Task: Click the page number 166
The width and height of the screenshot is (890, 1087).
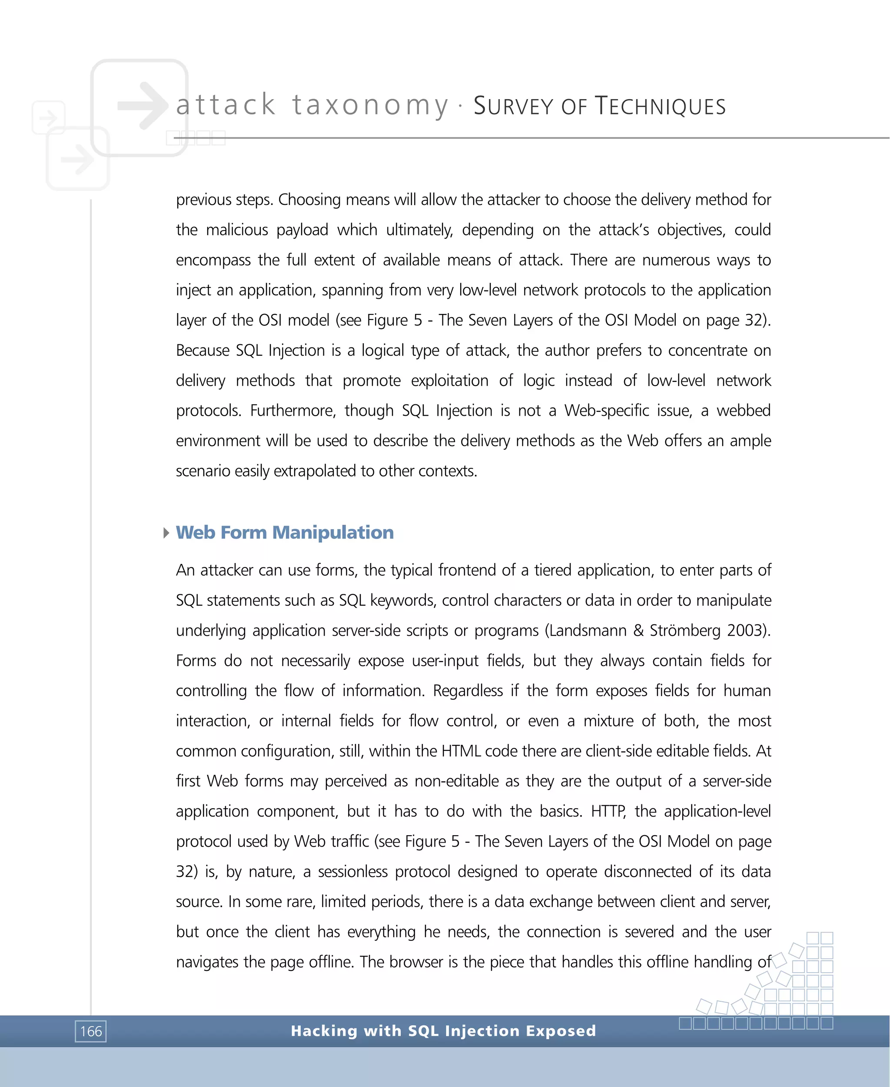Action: point(91,1031)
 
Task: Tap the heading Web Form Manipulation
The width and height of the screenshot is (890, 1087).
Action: point(285,533)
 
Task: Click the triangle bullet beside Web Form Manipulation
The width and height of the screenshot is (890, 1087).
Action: point(166,533)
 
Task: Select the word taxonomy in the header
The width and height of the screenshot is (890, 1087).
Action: point(370,105)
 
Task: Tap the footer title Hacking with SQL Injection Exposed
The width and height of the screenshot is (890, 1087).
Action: point(443,1030)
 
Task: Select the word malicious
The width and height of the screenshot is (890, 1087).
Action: point(237,230)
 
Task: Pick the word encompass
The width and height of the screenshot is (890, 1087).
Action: point(213,260)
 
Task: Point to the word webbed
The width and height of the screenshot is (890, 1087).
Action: point(744,410)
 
